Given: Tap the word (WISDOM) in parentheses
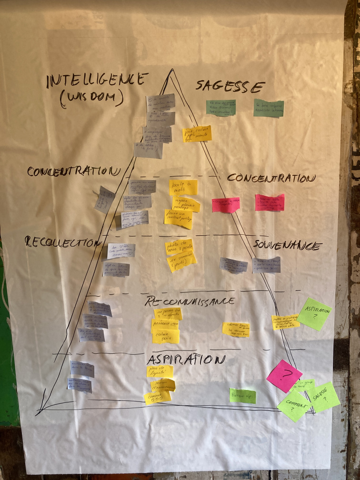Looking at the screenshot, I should tap(92, 98).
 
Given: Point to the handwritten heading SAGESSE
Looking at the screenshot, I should tap(230, 86).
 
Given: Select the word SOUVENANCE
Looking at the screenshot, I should tap(287, 246).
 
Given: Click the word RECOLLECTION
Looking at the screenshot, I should tap(61, 242).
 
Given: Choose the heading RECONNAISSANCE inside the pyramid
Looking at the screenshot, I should tap(190, 301).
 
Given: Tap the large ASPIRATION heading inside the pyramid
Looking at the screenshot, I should tap(186, 359).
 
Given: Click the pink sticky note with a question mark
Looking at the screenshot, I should tap(284, 376).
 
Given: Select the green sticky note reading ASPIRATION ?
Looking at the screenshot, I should tap(314, 314).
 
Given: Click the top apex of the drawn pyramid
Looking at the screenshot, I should tap(171, 70).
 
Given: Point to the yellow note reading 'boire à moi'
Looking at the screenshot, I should tap(183, 187).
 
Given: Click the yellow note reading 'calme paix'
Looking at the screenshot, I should tap(166, 336).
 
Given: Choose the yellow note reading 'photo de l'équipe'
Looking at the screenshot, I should tap(160, 371).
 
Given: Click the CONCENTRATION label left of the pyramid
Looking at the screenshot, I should tap(72, 171).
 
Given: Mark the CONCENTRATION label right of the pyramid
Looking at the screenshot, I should tap(271, 179).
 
